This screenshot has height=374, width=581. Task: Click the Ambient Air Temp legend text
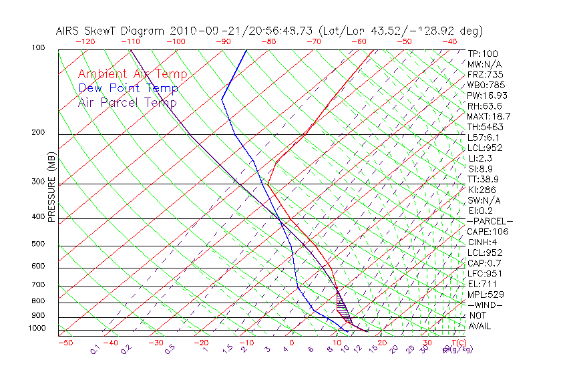tap(132, 74)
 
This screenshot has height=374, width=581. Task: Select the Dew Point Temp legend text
tap(128, 88)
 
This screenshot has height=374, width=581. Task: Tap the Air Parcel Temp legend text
tap(127, 102)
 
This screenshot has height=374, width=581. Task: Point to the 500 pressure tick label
tap(37, 244)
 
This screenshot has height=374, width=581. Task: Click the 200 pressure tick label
tap(37, 133)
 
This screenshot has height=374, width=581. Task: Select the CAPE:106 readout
tap(488, 232)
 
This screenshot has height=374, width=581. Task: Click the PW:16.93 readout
tap(487, 96)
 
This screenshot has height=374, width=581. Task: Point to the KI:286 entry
tap(483, 190)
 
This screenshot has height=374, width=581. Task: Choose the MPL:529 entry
tap(485, 295)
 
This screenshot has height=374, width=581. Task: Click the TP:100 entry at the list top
tap(483, 53)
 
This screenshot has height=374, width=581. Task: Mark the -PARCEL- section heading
tap(490, 221)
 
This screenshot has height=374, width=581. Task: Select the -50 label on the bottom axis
tap(65, 343)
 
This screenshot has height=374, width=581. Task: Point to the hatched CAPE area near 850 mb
tap(343, 308)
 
